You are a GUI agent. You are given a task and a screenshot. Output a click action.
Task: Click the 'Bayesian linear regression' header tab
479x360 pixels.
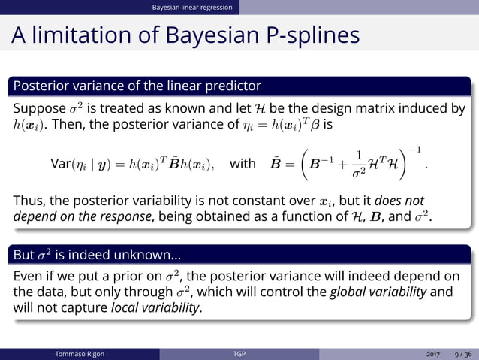coord(192,8)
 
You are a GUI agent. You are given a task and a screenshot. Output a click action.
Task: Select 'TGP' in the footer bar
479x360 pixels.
coord(239,354)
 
